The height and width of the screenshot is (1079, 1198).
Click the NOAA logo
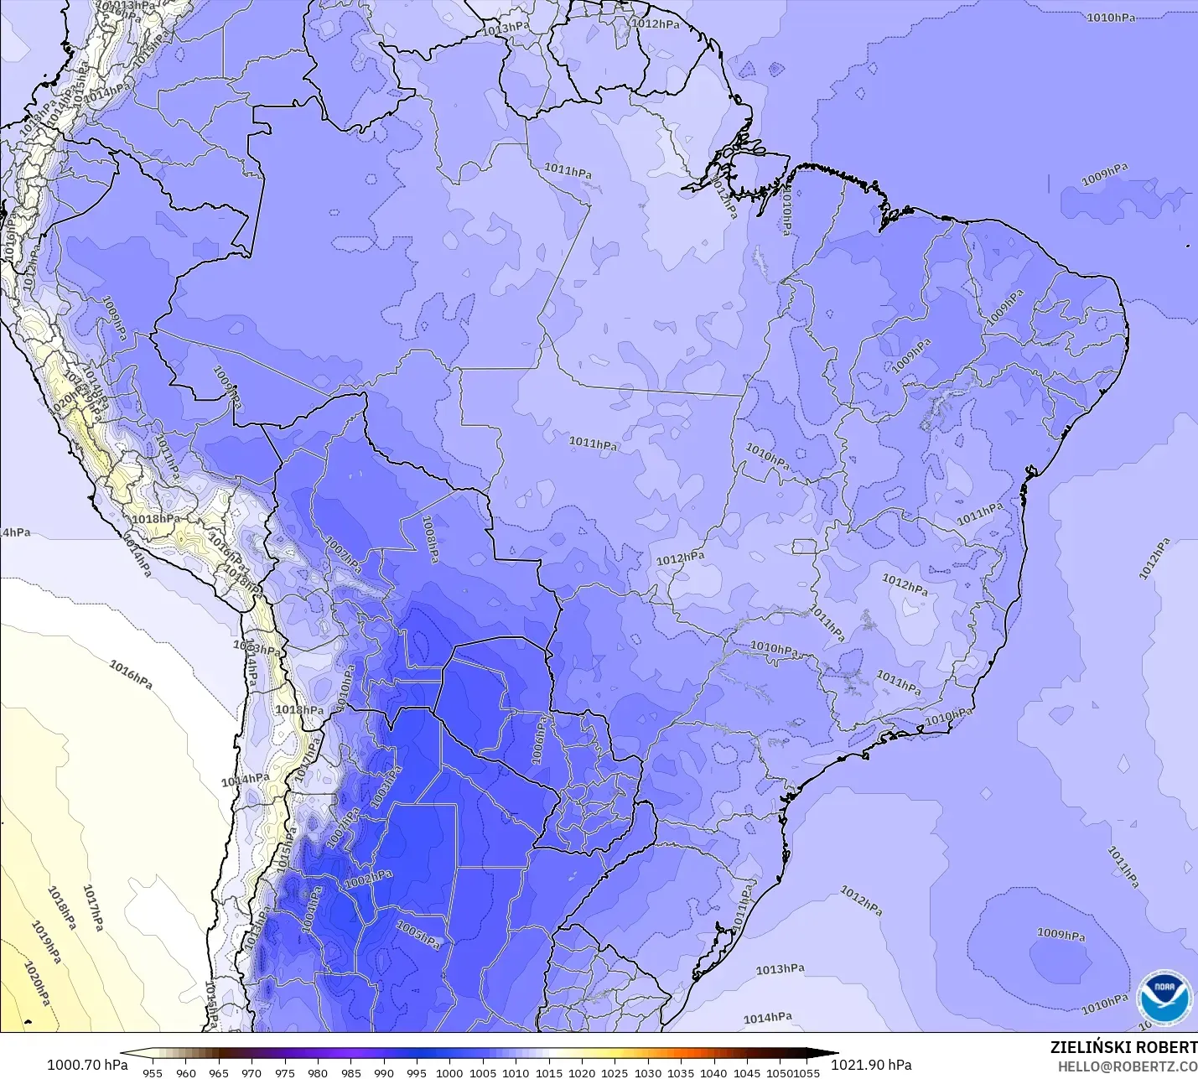coord(1164,998)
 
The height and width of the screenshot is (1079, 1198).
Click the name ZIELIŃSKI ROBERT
coord(1123,1047)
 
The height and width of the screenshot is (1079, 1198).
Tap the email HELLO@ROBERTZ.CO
coord(1127,1066)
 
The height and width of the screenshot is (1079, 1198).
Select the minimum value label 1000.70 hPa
coord(87,1065)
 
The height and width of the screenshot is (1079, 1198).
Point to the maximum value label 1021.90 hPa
coord(871,1065)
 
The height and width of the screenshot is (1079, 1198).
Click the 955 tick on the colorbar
coord(153,1072)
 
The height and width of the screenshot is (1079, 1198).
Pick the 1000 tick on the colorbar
coord(449,1072)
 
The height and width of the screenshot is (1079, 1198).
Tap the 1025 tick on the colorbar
coord(614,1072)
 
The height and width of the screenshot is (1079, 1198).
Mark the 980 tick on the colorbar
coord(317,1072)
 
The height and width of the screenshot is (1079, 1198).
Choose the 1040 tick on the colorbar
coord(713,1072)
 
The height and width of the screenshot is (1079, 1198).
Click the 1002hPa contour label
coord(368,879)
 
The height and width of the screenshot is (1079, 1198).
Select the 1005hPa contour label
coord(417,935)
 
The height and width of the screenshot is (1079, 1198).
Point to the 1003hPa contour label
coord(386,787)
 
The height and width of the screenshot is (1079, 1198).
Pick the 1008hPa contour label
coord(429,539)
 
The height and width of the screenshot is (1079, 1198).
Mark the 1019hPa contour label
coord(46,942)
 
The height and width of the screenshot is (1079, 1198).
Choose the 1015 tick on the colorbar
coord(548,1072)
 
